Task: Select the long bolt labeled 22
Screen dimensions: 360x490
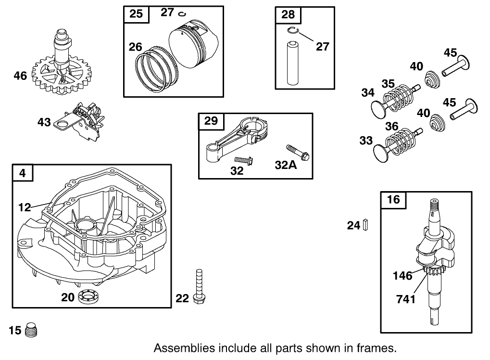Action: [197, 286]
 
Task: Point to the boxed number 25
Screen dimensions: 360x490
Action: [136, 13]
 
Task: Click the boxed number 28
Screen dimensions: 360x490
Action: [288, 14]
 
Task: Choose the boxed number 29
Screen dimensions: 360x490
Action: [211, 121]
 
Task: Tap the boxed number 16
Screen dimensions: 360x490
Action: [393, 199]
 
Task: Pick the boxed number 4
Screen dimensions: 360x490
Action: [23, 173]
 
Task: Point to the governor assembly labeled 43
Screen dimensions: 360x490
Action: [82, 121]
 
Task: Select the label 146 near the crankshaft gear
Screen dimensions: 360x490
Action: [402, 276]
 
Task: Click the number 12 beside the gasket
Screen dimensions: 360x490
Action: [24, 207]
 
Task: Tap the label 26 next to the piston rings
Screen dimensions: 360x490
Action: [136, 47]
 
